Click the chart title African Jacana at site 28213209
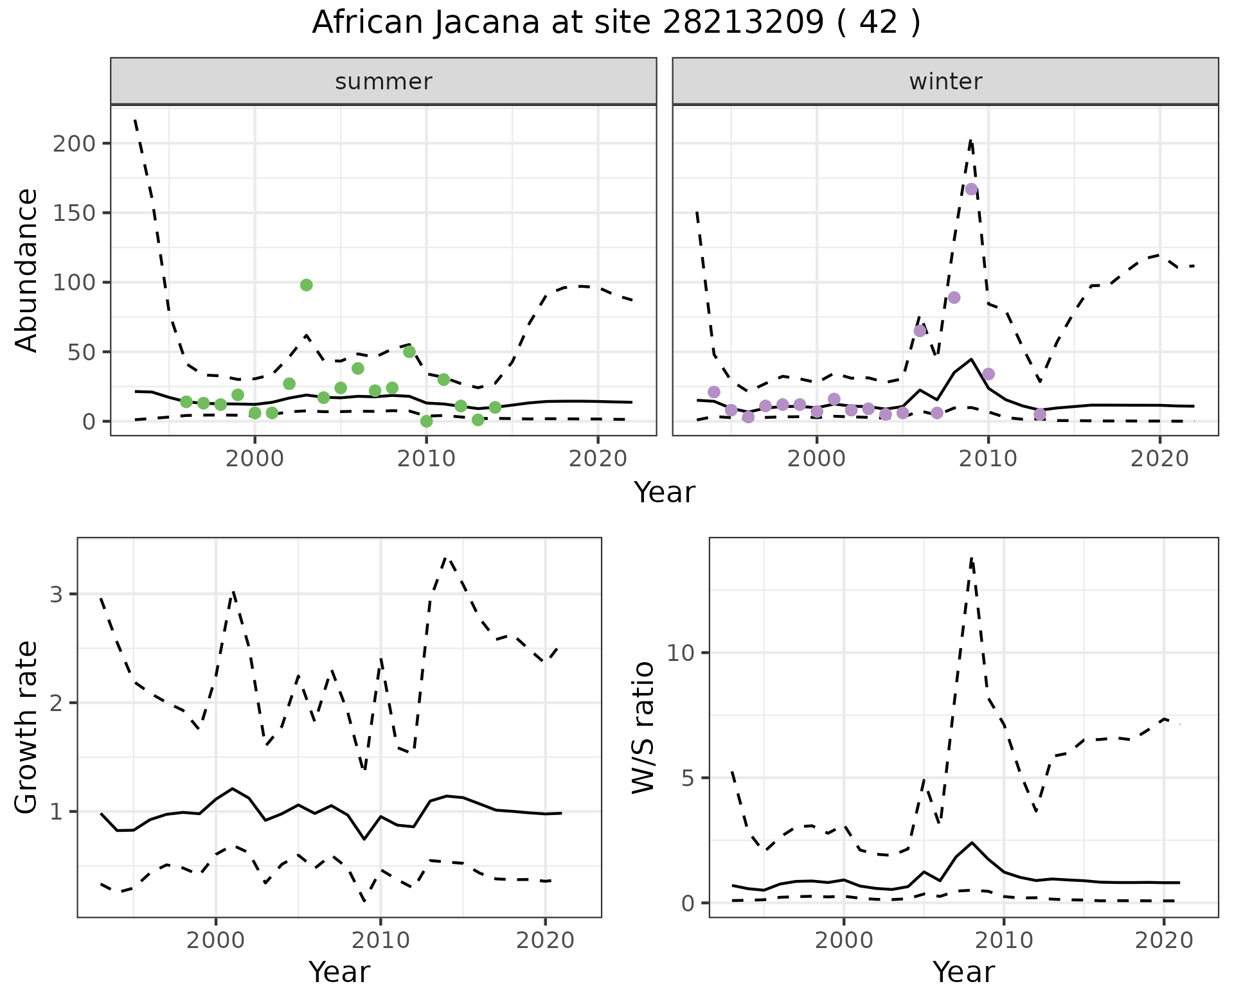[x=616, y=23]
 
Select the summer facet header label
[x=384, y=82]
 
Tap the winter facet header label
[x=945, y=82]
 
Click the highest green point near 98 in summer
[x=307, y=285]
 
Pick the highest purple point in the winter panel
[x=971, y=189]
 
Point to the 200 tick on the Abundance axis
[x=73, y=143]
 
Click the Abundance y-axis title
[x=27, y=270]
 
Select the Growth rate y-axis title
[x=27, y=728]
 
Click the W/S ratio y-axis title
[x=643, y=728]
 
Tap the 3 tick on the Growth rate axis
[x=57, y=594]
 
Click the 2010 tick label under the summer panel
[x=426, y=459]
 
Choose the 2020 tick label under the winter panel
[x=1159, y=459]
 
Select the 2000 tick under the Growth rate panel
[x=216, y=941]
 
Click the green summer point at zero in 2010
[x=426, y=421]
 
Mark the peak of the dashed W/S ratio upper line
[x=972, y=559]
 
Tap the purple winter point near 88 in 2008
[x=954, y=297]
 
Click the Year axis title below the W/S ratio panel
[x=963, y=972]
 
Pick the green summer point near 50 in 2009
[x=409, y=352]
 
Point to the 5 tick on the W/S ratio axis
[x=687, y=778]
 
